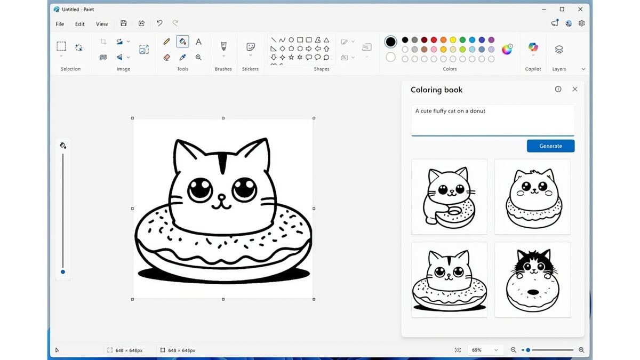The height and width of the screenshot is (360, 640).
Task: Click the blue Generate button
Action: (550, 146)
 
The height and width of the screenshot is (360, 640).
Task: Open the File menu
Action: (60, 24)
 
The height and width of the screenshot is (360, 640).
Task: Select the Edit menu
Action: (80, 24)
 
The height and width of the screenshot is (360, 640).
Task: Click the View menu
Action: (102, 24)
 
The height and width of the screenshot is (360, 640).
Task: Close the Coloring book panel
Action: (575, 90)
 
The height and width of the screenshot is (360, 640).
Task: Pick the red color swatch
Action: (434, 40)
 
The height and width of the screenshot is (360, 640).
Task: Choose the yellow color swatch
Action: (453, 40)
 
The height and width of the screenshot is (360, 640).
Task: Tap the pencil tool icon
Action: (166, 42)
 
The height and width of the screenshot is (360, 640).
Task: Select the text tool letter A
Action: (198, 42)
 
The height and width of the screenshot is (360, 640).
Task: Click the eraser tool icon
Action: (166, 57)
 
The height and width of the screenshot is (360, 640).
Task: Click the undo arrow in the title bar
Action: (159, 23)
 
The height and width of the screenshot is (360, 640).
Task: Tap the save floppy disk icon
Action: (124, 23)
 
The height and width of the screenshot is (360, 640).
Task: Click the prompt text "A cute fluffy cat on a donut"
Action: (450, 111)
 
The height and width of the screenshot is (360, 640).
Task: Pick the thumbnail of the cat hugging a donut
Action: (449, 197)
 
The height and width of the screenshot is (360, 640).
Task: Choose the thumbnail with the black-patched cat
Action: (532, 280)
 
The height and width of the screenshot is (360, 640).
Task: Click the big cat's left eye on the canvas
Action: (200, 189)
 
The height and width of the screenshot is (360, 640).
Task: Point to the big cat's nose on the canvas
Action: (222, 198)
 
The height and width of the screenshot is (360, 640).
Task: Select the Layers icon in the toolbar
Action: (559, 50)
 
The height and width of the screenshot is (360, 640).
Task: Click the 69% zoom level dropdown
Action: (484, 350)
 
